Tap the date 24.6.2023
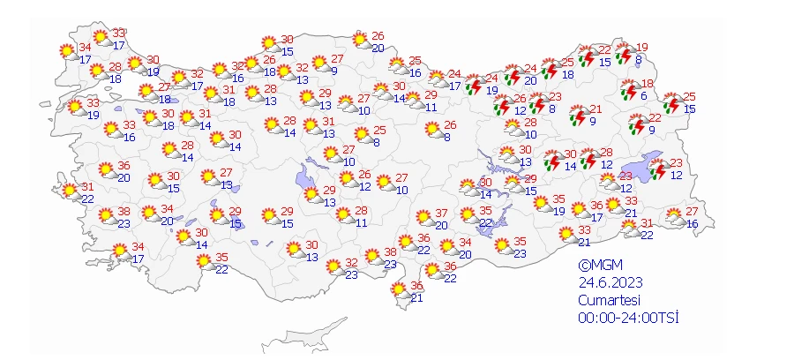click(x=610, y=282)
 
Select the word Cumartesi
click(x=610, y=300)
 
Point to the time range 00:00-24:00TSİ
click(x=628, y=318)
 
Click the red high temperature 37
click(x=441, y=214)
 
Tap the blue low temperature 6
click(x=644, y=96)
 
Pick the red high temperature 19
click(x=641, y=48)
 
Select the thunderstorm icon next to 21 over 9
click(x=579, y=115)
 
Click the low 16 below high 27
click(x=691, y=223)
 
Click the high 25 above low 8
click(x=379, y=130)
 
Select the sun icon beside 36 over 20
click(x=106, y=169)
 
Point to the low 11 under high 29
click(x=431, y=107)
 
